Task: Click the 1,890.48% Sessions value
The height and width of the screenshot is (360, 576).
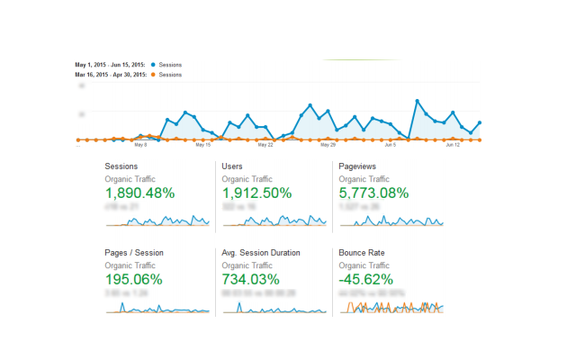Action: coord(139,193)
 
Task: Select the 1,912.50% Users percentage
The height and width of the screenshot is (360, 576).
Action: coord(256,193)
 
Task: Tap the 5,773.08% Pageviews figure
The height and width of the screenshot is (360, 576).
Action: coord(373,193)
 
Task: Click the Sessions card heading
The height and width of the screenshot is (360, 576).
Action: coord(121,166)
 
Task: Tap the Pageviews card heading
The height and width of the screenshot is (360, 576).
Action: coord(357,166)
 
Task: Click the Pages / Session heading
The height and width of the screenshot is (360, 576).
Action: coord(134,253)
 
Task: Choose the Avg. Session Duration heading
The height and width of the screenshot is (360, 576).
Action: coord(261,253)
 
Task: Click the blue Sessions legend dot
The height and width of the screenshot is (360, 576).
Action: coord(154,65)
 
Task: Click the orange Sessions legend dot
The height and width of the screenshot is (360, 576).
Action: coord(154,75)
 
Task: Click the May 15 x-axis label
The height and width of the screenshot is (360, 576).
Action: coord(202,144)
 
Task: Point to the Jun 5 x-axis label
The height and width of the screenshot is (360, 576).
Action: coord(391,144)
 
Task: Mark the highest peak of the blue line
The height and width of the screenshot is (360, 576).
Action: coord(418,101)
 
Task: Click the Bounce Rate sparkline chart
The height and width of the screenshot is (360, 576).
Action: coord(391,307)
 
